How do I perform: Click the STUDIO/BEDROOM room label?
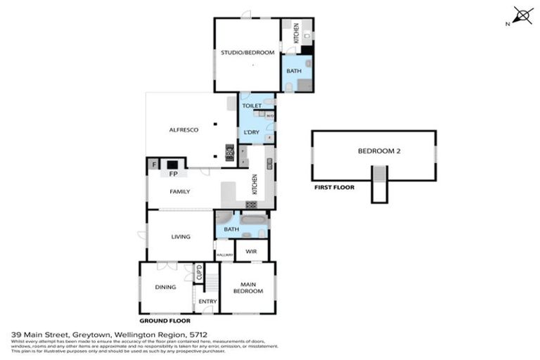coord(247,53)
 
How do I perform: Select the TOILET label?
coord(252,105)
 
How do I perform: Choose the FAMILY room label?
coord(179,191)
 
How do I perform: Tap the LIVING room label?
coord(181,236)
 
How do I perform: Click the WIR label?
coord(252,249)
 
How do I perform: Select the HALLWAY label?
coord(224,255)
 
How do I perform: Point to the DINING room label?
coord(165,286)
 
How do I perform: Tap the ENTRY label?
coord(207,302)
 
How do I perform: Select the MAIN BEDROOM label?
coord(248,287)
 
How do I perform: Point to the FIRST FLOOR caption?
coord(335,188)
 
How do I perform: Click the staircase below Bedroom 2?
coord(379,185)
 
